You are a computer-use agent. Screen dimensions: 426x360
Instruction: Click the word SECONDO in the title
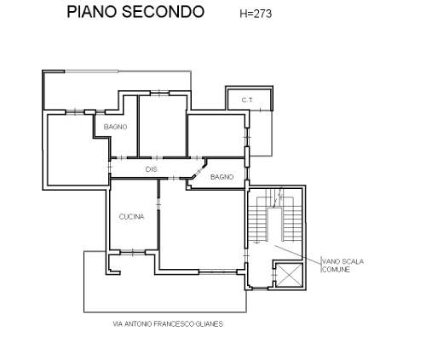pyautogui.click(x=163, y=12)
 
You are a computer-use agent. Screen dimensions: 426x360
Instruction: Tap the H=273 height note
pyautogui.click(x=256, y=14)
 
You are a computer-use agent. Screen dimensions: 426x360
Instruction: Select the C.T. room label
pyautogui.click(x=247, y=100)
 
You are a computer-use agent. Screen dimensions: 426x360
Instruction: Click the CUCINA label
pyautogui.click(x=131, y=217)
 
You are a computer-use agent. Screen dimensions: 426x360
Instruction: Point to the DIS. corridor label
pyautogui.click(x=152, y=169)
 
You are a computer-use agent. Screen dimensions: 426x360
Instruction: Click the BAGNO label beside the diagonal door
pyautogui.click(x=222, y=177)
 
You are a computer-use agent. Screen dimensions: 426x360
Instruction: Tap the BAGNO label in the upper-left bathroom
pyautogui.click(x=115, y=127)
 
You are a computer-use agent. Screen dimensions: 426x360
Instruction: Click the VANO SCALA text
pyautogui.click(x=343, y=261)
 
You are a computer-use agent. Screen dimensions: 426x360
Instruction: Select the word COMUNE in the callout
pyautogui.click(x=337, y=269)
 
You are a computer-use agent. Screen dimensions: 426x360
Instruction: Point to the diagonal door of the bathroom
pyautogui.click(x=199, y=171)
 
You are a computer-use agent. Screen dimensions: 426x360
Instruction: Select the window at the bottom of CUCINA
pyautogui.click(x=133, y=252)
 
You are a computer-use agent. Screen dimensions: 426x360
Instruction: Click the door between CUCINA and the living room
pyautogui.click(x=158, y=203)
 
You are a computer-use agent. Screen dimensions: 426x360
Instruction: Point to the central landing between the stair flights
pyautogui.click(x=275, y=225)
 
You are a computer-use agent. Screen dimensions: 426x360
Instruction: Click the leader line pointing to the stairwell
pyautogui.click(x=298, y=254)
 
